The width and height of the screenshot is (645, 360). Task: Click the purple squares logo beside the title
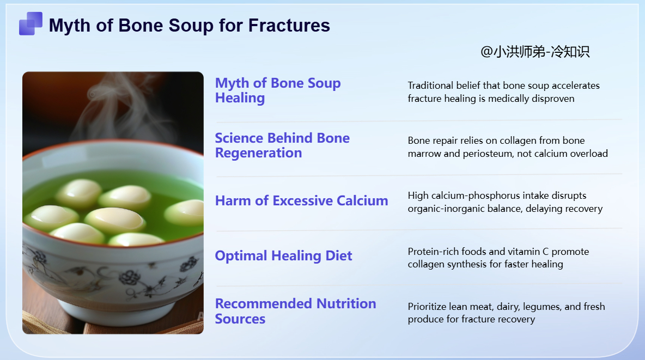click(x=31, y=23)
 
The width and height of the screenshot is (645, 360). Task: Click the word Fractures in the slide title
click(x=289, y=26)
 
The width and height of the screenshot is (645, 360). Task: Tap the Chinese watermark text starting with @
click(x=535, y=51)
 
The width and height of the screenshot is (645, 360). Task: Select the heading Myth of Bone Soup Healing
click(x=278, y=90)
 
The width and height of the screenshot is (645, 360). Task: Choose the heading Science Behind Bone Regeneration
click(x=282, y=145)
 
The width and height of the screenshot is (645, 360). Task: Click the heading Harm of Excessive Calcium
click(x=301, y=201)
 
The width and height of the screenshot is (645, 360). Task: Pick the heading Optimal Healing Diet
click(x=283, y=255)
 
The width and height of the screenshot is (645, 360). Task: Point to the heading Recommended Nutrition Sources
click(x=295, y=311)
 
